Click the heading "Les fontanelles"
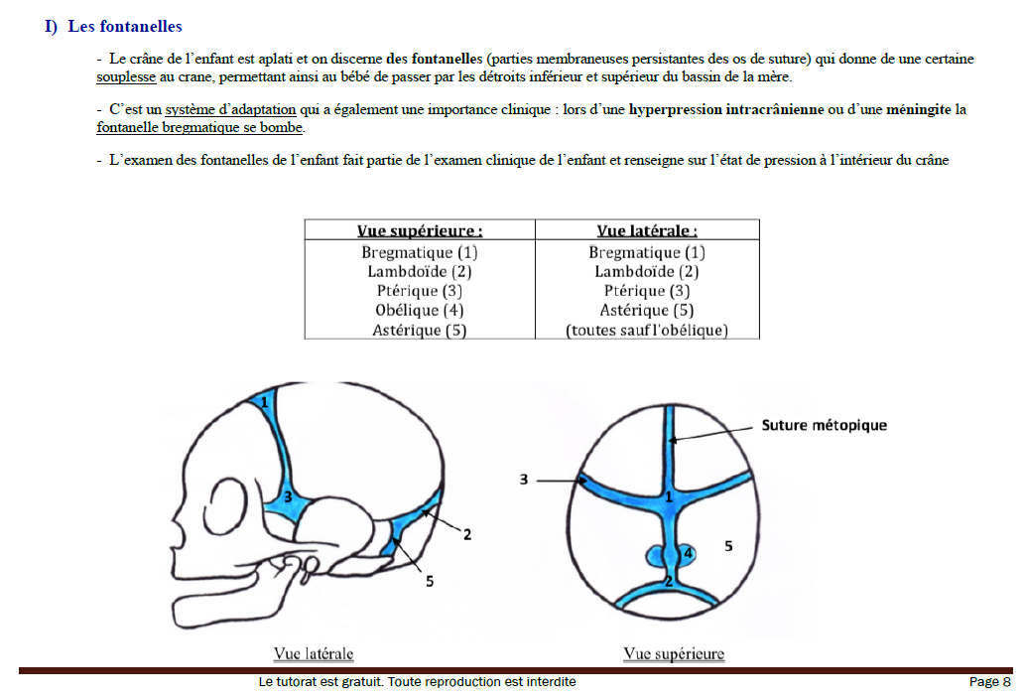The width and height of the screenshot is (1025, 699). pos(125,27)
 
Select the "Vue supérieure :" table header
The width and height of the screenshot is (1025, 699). pos(419,230)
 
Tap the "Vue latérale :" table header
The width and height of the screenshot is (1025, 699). pos(647,230)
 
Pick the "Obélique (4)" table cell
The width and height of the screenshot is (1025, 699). pos(419,310)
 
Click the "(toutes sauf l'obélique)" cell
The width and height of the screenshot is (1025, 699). pos(647,330)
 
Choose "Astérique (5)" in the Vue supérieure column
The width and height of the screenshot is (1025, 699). pos(419,330)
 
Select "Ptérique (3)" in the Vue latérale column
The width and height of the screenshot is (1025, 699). pos(647,291)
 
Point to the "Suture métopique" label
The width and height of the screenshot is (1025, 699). pos(824,425)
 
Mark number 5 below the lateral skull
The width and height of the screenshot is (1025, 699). pos(430,582)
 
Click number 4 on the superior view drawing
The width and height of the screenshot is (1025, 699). pos(687,553)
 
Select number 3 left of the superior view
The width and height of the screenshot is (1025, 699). pos(523,481)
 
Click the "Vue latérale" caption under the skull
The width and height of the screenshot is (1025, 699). pos(314,653)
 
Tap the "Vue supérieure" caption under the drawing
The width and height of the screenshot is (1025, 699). pos(674,653)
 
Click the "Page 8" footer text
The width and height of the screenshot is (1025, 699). pos(989,682)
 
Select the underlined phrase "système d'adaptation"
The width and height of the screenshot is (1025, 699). pos(230,109)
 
